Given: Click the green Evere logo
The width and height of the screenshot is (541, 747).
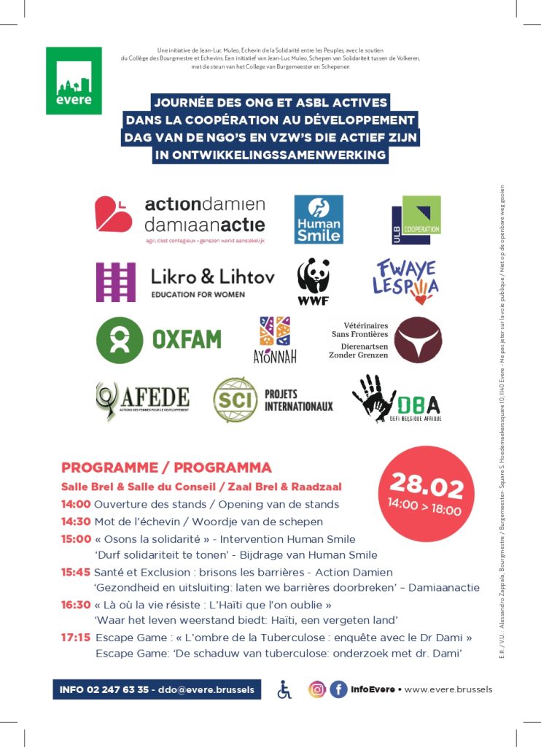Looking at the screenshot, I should (74, 80).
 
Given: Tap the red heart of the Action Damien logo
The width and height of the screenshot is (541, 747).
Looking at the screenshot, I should (114, 214).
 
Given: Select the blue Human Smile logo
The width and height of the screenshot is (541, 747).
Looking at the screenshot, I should (318, 219).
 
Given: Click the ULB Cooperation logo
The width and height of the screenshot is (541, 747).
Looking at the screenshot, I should (416, 220).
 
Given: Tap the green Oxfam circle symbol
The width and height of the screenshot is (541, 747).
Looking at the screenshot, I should (120, 340).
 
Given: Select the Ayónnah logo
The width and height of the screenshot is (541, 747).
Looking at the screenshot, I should (275, 340).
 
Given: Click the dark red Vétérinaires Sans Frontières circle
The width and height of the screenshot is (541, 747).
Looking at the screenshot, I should (418, 340).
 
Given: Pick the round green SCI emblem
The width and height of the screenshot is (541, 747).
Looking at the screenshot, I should (235, 400).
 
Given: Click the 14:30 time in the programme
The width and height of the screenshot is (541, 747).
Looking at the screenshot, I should (76, 522).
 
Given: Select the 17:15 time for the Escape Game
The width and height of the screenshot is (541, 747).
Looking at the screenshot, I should (76, 638).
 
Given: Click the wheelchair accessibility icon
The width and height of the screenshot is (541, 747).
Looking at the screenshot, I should (284, 689).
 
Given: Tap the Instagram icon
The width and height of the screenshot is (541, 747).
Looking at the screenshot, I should (317, 689).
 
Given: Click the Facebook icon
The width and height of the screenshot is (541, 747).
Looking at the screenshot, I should (338, 689).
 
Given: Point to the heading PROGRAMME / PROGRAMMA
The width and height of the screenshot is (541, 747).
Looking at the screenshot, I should (166, 468).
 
